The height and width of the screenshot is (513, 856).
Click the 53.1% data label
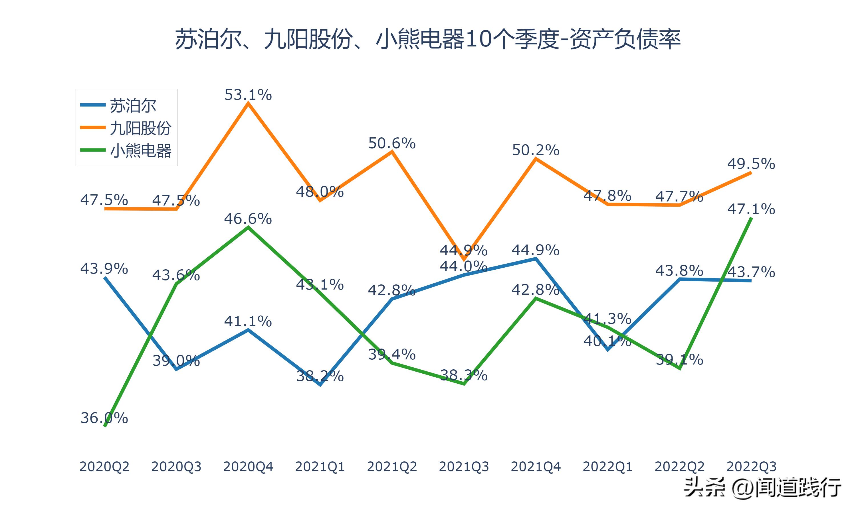click(248, 95)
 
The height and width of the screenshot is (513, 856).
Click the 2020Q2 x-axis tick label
click(104, 467)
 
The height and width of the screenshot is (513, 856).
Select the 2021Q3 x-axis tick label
click(464, 467)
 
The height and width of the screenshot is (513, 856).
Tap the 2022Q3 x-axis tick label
click(751, 467)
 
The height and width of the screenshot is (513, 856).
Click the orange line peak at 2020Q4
click(248, 103)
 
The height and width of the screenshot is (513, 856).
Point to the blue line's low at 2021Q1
click(320, 384)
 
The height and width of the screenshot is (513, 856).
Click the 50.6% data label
click(392, 143)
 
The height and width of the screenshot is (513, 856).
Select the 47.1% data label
click(751, 209)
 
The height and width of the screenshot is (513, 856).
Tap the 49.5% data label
click(751, 164)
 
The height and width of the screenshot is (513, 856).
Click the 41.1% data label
click(248, 321)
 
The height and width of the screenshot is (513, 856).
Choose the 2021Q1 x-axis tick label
click(320, 467)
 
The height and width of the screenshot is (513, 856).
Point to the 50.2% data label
click(536, 150)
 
